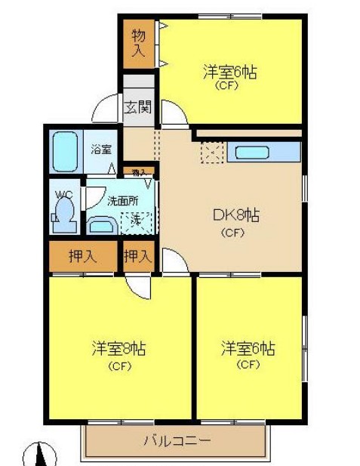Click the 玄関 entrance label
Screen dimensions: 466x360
[137, 106]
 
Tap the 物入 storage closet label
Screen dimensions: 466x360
[138, 43]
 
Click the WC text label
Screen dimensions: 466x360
[63, 193]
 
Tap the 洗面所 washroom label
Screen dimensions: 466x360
[122, 201]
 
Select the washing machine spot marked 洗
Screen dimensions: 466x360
[136, 221]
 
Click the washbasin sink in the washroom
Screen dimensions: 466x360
[100, 225]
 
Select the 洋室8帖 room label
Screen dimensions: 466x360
[118, 350]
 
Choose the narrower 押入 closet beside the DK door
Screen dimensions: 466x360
[138, 256]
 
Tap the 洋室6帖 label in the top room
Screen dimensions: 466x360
[229, 73]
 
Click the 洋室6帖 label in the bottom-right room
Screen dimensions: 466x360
[248, 350]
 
